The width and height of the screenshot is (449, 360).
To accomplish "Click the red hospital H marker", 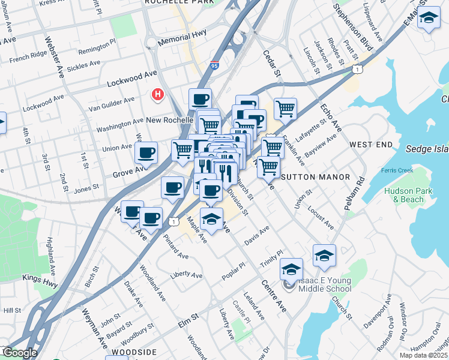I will pyautogui.click(x=157, y=94).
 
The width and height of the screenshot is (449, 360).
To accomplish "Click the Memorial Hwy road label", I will pyautogui.click(x=182, y=40).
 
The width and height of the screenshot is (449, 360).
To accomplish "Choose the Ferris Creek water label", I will pyautogui.click(x=397, y=170).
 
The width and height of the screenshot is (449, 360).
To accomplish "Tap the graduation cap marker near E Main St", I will pyautogui.click(x=429, y=18).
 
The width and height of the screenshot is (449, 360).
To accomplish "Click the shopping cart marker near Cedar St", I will pyautogui.click(x=286, y=109).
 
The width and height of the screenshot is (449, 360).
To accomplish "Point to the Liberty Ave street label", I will pyautogui.click(x=187, y=274).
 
